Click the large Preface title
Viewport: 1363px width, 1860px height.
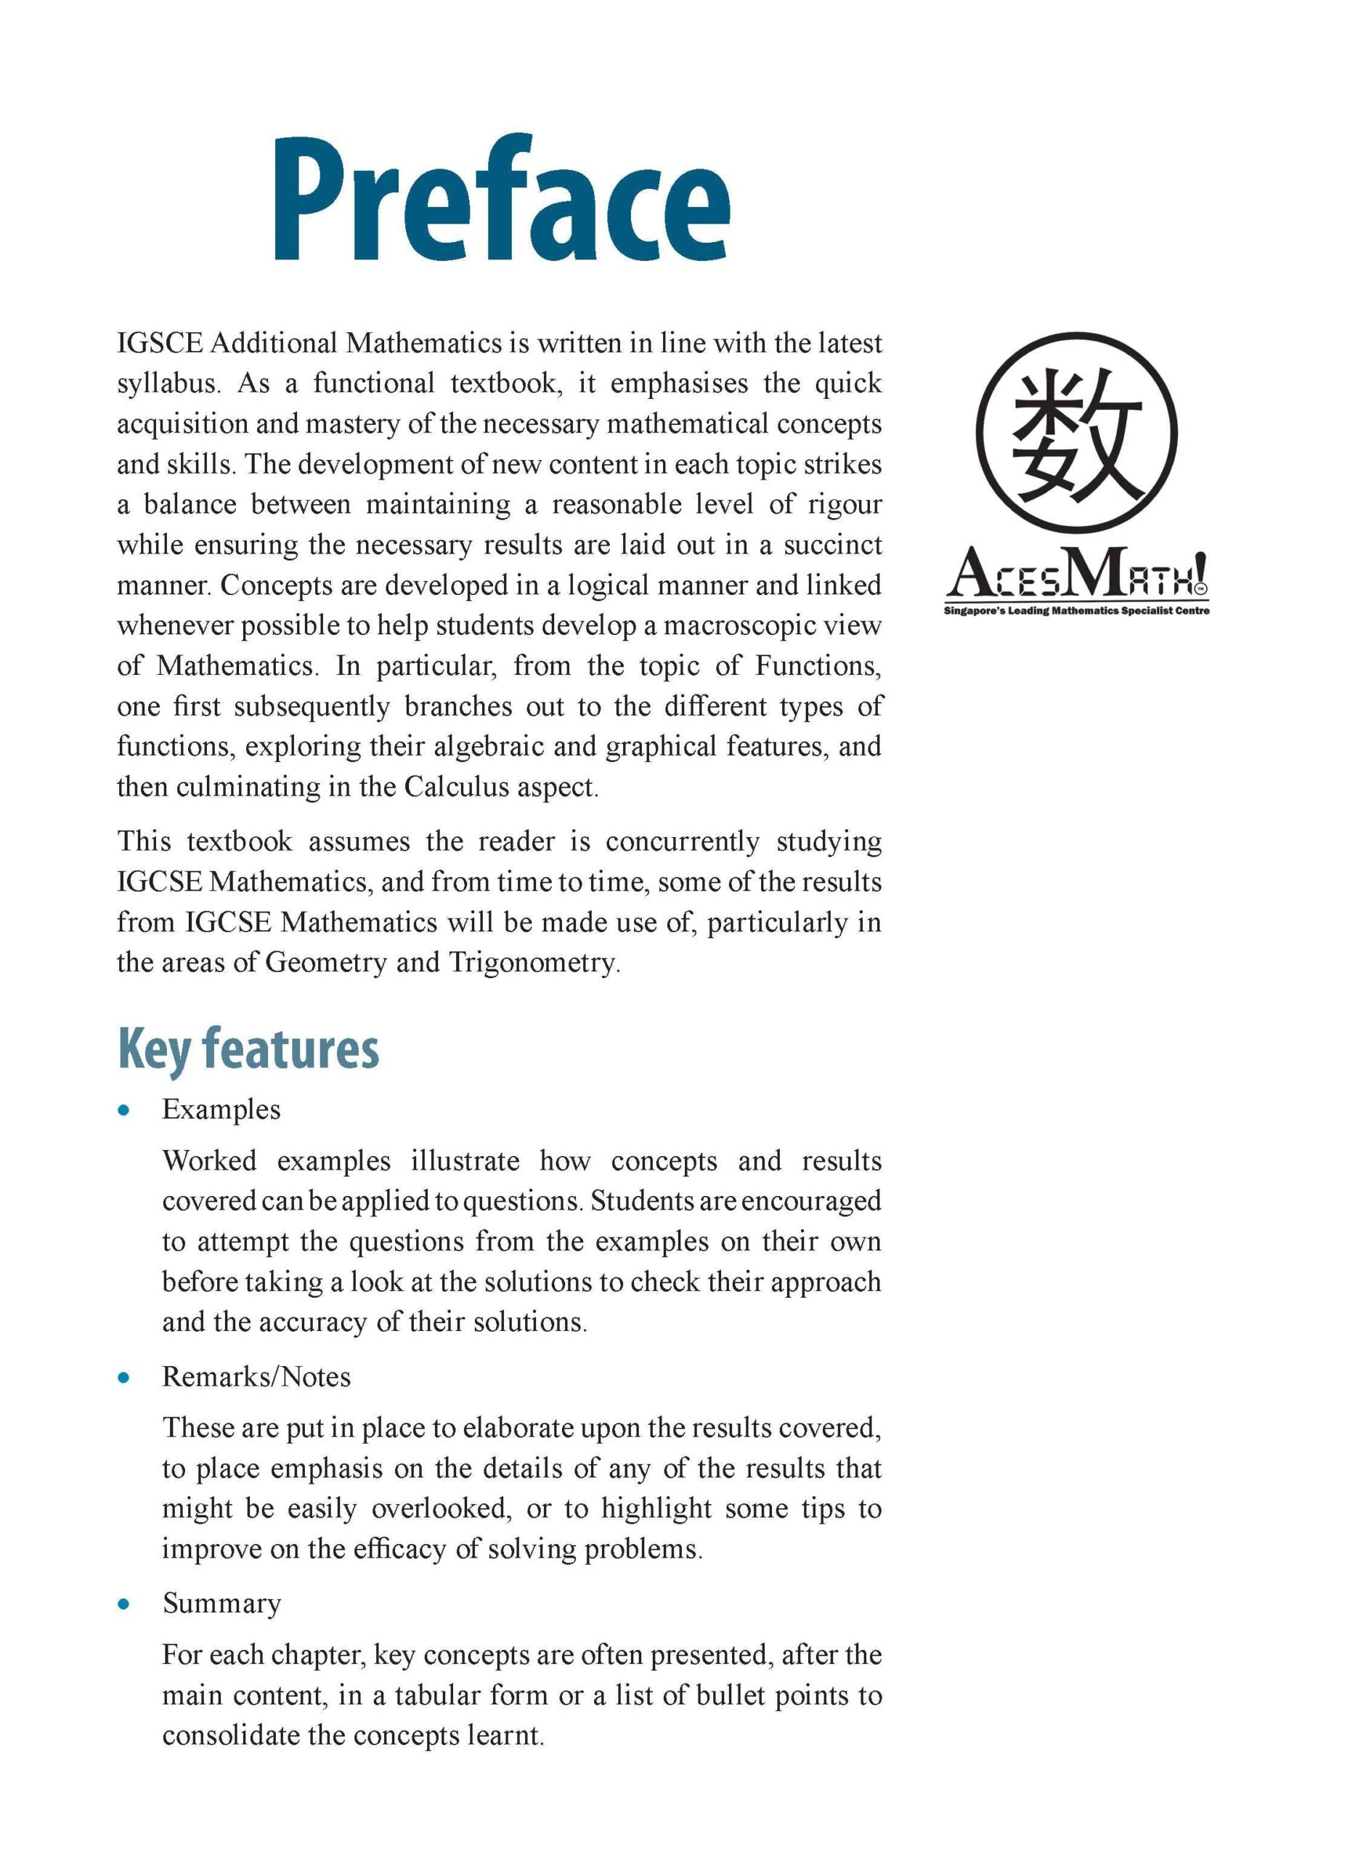(501, 201)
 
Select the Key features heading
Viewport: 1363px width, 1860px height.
(248, 1050)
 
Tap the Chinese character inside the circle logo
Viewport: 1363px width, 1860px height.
(1077, 435)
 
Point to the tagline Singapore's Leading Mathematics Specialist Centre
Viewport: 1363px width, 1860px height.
(1077, 611)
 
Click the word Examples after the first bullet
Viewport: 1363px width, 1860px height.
(221, 1109)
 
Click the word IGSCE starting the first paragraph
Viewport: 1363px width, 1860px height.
(159, 343)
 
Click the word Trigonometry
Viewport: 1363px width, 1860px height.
(534, 963)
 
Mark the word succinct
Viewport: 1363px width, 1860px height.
(832, 545)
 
